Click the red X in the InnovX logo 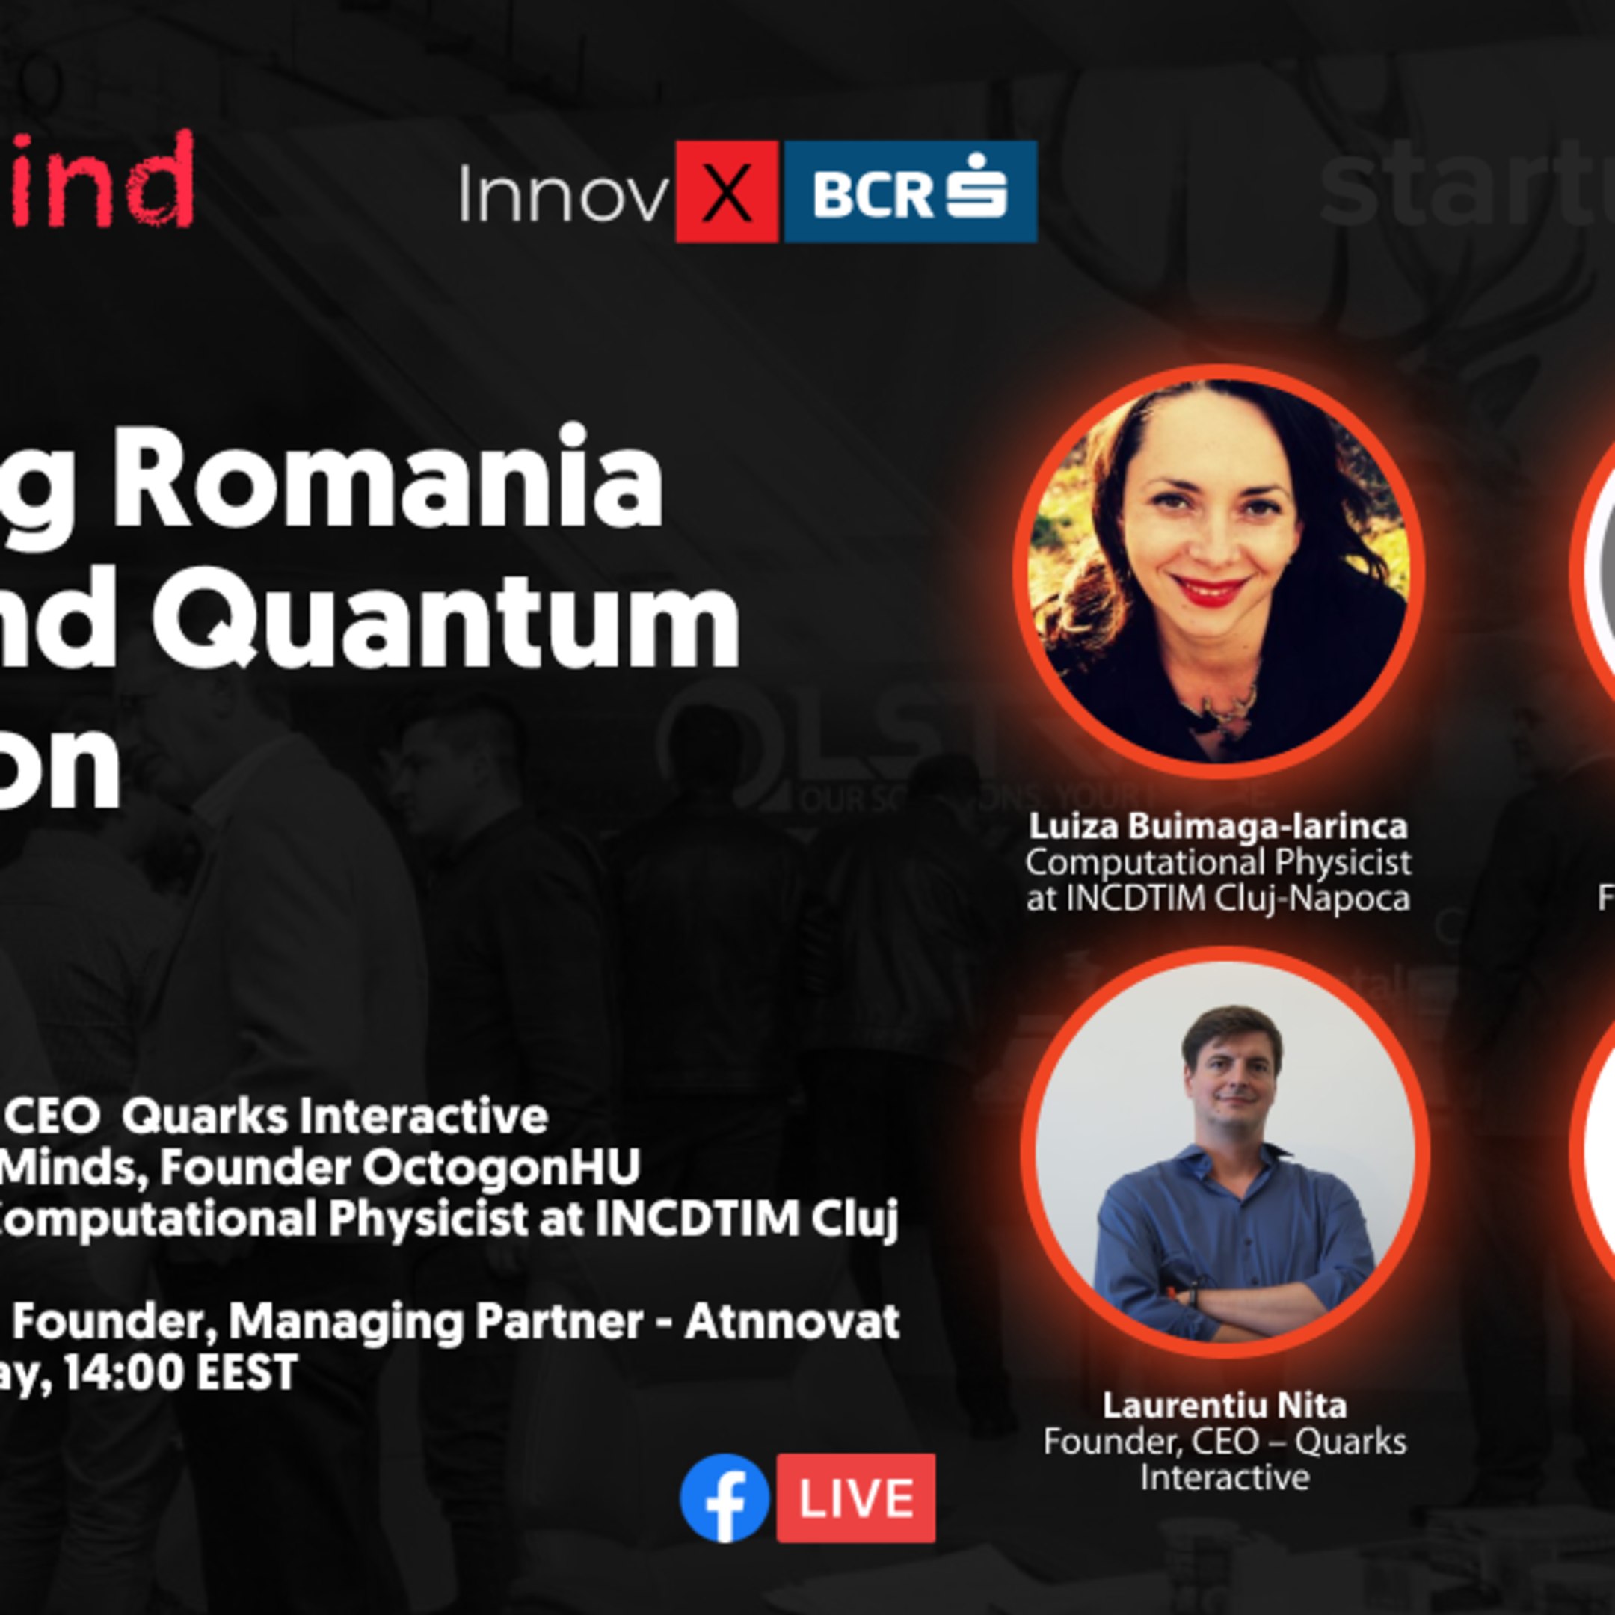(x=727, y=192)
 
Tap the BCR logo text (x=872, y=194)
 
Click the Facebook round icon (x=724, y=1498)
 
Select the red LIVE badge (x=855, y=1498)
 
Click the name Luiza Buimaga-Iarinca (x=1218, y=826)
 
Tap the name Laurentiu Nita (x=1224, y=1405)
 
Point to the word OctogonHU (x=501, y=1168)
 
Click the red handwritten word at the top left (x=100, y=179)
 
